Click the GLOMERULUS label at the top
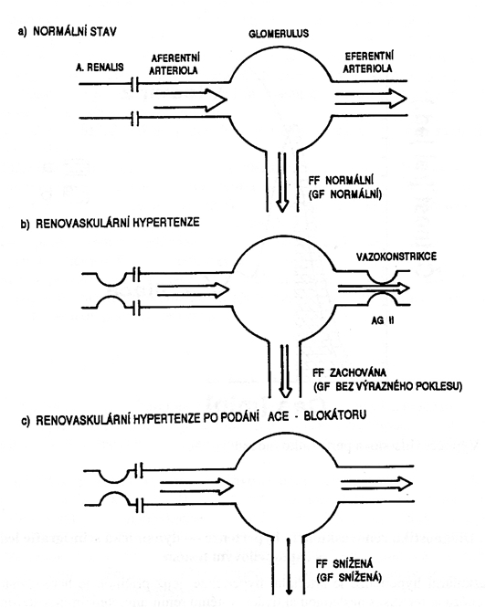279,34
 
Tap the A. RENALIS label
100,68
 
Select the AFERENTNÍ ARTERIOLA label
174,64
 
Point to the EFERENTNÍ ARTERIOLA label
368,62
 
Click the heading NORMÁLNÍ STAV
75,31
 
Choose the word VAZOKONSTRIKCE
396,257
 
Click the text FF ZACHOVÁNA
349,372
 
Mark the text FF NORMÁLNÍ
341,181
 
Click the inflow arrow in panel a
190,100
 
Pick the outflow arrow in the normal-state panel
370,99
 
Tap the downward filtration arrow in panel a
282,183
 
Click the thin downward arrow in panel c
289,566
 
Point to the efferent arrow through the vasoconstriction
374,288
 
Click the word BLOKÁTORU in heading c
335,415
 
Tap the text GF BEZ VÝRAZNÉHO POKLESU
387,386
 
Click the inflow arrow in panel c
196,487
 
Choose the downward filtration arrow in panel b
285,371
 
